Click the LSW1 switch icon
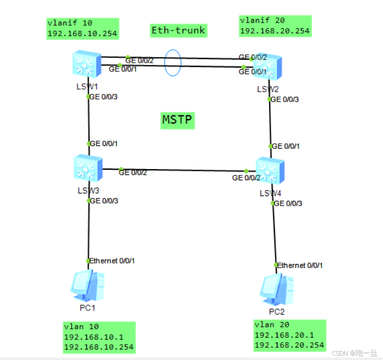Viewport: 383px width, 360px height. coord(88,64)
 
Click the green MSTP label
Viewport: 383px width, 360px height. coord(177,121)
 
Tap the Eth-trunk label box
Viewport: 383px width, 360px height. coord(178,31)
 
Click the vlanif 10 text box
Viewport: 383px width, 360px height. coord(82,28)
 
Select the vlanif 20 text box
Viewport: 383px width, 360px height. coord(275,26)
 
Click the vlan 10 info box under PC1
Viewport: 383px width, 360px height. coord(98,337)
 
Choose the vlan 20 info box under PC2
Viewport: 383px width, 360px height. coord(289,335)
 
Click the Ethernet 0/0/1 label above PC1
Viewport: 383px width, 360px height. coord(113,261)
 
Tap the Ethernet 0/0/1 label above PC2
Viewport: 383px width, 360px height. coord(300,265)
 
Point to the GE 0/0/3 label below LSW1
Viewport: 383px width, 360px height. coord(104,97)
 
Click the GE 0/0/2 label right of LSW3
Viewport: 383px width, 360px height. coord(133,172)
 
